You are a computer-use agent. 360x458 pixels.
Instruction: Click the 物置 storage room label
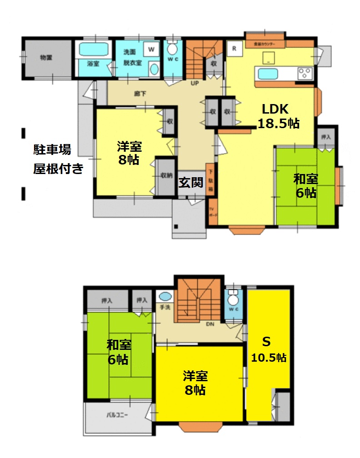tap(46, 58)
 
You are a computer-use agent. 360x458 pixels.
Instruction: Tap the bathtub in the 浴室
tap(93, 49)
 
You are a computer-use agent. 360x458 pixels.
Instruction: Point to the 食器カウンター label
tap(265, 45)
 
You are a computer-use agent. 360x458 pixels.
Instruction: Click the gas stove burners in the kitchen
tap(305, 73)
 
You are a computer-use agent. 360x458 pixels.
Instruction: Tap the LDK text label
tap(275, 109)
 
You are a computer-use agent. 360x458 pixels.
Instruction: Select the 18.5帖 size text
tap(279, 123)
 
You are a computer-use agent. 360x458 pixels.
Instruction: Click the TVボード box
tap(212, 212)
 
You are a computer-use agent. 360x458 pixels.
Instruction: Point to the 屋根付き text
tap(58, 169)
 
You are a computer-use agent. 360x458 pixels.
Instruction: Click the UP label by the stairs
tap(195, 84)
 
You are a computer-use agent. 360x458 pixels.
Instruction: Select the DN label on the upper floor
tap(210, 324)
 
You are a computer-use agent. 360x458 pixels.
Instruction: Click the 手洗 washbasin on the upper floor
tap(165, 297)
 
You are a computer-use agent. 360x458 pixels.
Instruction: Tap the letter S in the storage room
tap(268, 341)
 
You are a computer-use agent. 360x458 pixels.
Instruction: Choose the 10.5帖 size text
tap(269, 358)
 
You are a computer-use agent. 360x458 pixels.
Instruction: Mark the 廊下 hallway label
tap(139, 94)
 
